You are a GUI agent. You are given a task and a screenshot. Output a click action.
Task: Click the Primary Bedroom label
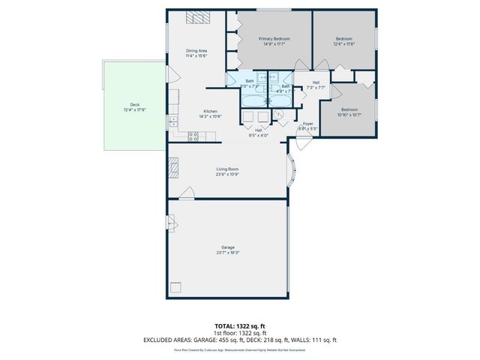coord(274,38)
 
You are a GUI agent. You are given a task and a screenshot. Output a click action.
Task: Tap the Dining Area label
coord(196,50)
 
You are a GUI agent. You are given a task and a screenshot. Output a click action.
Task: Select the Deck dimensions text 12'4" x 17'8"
coord(135,109)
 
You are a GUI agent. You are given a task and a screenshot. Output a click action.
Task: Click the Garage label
coord(227,247)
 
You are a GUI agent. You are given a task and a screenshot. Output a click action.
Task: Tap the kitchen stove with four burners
coord(193,136)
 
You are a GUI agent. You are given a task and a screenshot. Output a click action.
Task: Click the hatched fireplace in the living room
coord(174,167)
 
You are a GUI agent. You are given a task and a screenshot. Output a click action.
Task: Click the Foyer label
coord(307,124)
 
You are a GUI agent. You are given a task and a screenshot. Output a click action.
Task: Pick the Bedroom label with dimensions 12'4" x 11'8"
coord(343,38)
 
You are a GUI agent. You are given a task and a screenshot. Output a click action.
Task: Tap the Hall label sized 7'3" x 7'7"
coord(316,82)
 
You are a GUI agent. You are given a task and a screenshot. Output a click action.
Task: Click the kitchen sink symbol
coord(172,120)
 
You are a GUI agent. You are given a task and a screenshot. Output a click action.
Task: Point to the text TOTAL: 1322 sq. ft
coord(240,326)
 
